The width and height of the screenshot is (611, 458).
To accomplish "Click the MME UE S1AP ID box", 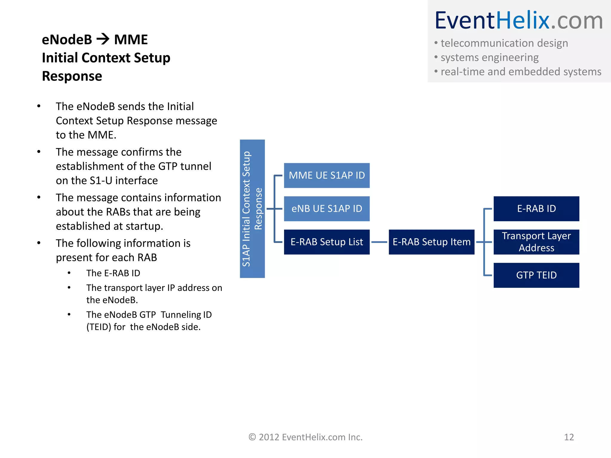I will coord(327,175).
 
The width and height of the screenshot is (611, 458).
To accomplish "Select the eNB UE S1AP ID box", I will coord(327,209).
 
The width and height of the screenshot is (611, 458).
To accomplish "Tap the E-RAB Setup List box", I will coord(327,242).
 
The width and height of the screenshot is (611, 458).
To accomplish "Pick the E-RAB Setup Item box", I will coord(431,242).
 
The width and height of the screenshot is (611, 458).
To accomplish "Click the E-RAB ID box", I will coord(536,209).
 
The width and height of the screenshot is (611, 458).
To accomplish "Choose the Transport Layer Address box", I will coord(536,242).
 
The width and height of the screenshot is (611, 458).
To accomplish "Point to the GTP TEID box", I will coord(536,275).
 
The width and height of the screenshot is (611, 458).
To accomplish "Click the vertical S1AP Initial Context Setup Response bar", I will coord(252,209).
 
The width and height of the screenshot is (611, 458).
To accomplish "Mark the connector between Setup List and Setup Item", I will coord(379,242).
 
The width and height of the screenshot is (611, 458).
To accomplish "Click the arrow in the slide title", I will coord(103,39).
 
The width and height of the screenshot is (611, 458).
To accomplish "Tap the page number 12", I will coord(569,437).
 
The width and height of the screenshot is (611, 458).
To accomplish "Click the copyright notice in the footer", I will coord(305,437).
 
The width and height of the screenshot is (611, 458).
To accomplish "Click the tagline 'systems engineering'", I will coord(489,58).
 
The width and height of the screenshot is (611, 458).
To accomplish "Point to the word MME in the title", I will coord(131,40).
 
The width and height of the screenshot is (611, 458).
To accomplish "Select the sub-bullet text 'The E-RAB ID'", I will coord(113,273).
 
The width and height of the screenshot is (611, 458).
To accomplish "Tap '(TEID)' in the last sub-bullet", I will coord(99,327).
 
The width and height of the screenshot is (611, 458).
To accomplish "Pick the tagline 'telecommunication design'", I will coord(504,43).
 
